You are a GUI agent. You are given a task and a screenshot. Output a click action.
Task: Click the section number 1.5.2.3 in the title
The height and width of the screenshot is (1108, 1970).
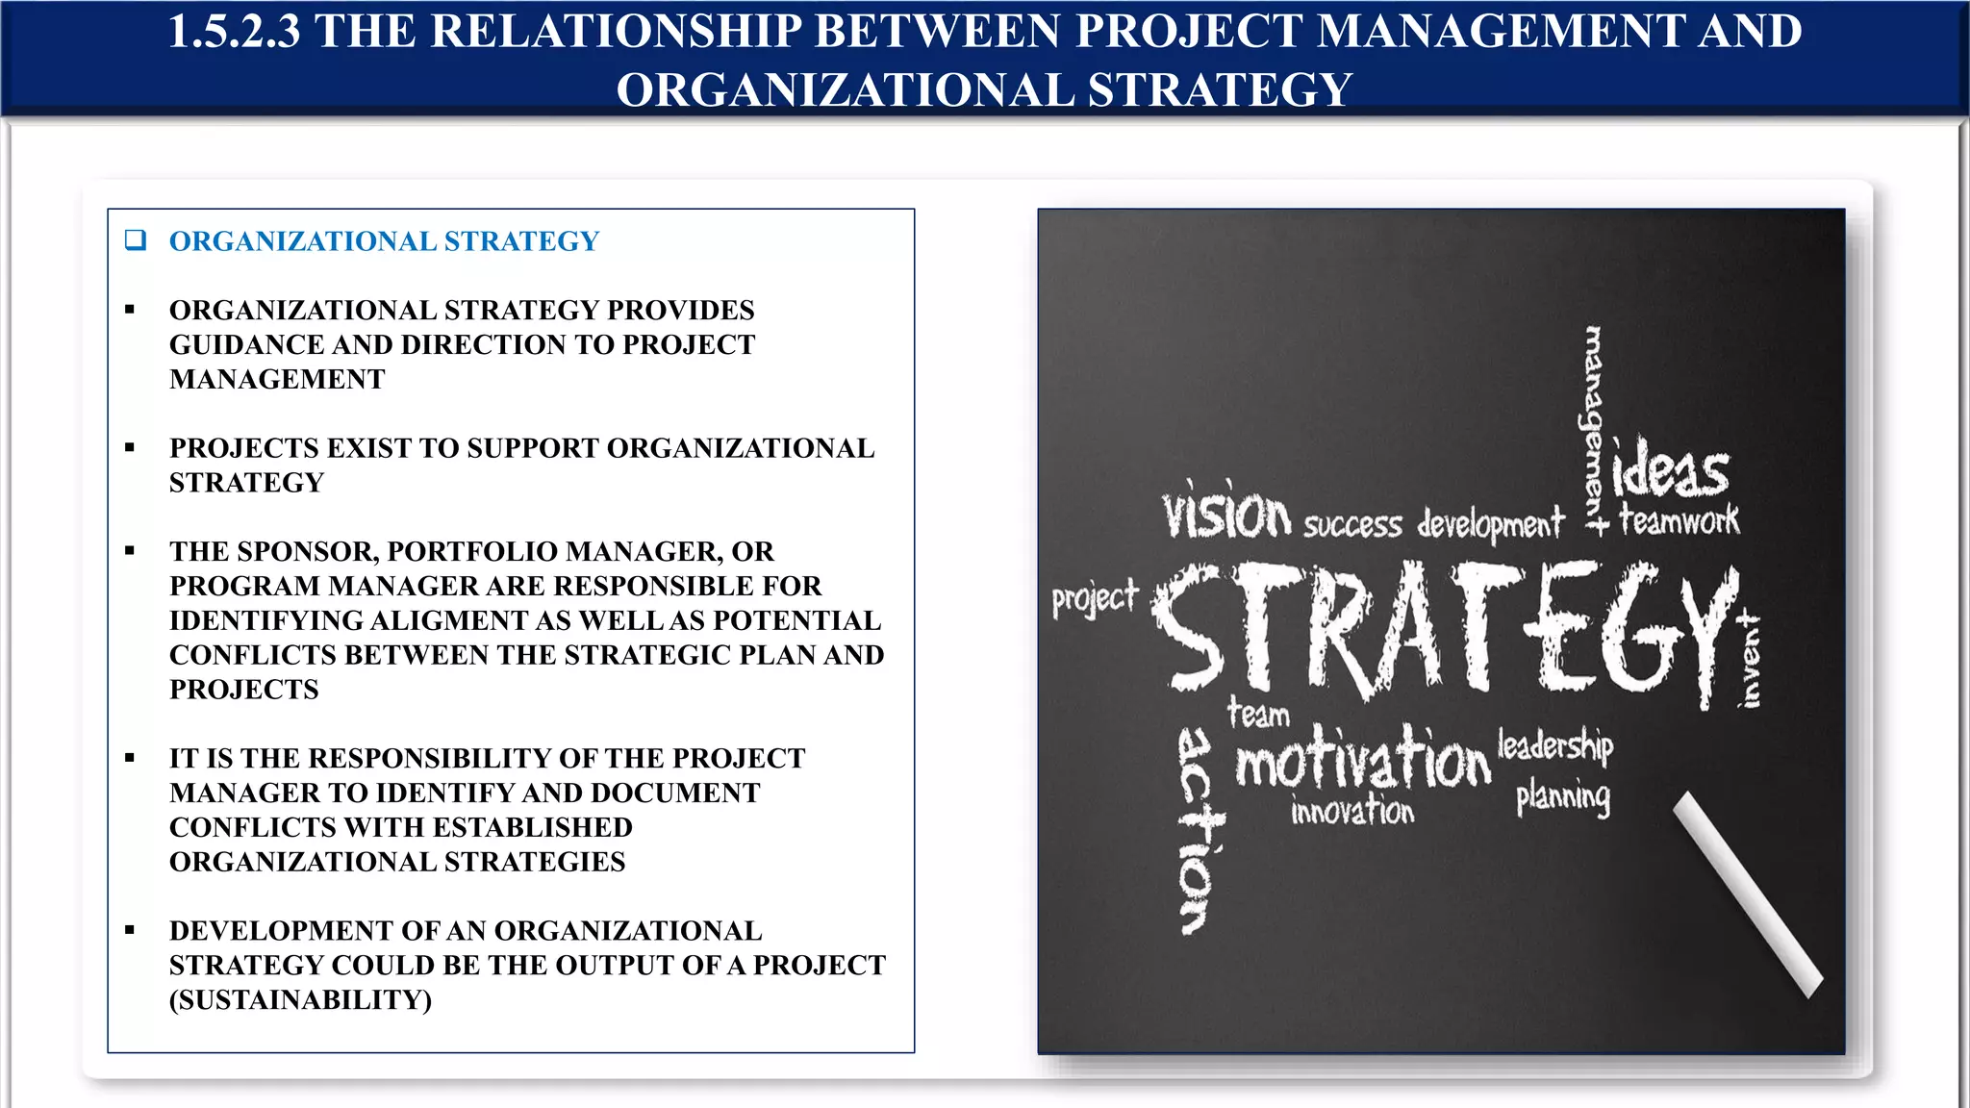pyautogui.click(x=234, y=31)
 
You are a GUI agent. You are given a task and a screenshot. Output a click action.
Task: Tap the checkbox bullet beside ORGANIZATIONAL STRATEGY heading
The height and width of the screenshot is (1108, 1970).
pyautogui.click(x=136, y=240)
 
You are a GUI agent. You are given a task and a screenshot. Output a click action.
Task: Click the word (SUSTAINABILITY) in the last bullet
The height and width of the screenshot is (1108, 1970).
pyautogui.click(x=300, y=999)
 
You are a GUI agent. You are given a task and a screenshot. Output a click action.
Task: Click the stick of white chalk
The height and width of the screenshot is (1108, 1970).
pyautogui.click(x=1747, y=894)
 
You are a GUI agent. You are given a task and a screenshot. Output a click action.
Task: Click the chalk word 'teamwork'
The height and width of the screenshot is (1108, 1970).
pyautogui.click(x=1680, y=520)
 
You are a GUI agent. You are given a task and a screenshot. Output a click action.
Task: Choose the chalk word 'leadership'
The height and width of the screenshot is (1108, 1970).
pyautogui.click(x=1555, y=745)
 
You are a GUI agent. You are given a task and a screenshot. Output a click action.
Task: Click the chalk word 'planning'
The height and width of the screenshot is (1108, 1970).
pyautogui.click(x=1563, y=797)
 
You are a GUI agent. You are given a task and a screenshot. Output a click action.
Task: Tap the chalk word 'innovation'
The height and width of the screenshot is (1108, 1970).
pyautogui.click(x=1352, y=812)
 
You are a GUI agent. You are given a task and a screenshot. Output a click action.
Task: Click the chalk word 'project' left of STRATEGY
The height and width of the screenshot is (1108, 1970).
pyautogui.click(x=1095, y=599)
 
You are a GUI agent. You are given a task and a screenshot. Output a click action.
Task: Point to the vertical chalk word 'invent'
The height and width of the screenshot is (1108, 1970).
pyautogui.click(x=1751, y=662)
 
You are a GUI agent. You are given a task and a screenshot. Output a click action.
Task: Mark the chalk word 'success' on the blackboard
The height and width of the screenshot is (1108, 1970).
pyautogui.click(x=1352, y=525)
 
